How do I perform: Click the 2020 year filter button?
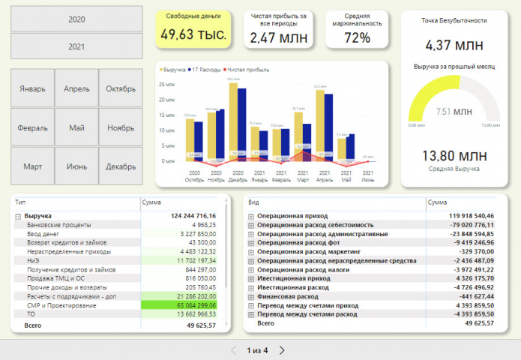[76, 19]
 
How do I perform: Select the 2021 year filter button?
[76, 46]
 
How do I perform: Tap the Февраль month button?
[33, 127]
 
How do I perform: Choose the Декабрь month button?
[120, 166]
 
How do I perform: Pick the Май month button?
[76, 127]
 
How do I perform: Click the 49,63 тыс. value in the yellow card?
[193, 34]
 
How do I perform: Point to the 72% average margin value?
[357, 37]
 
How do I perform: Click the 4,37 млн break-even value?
[455, 45]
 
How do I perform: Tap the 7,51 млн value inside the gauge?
[454, 112]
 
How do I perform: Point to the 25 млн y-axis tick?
[166, 83]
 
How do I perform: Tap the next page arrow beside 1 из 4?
[282, 350]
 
